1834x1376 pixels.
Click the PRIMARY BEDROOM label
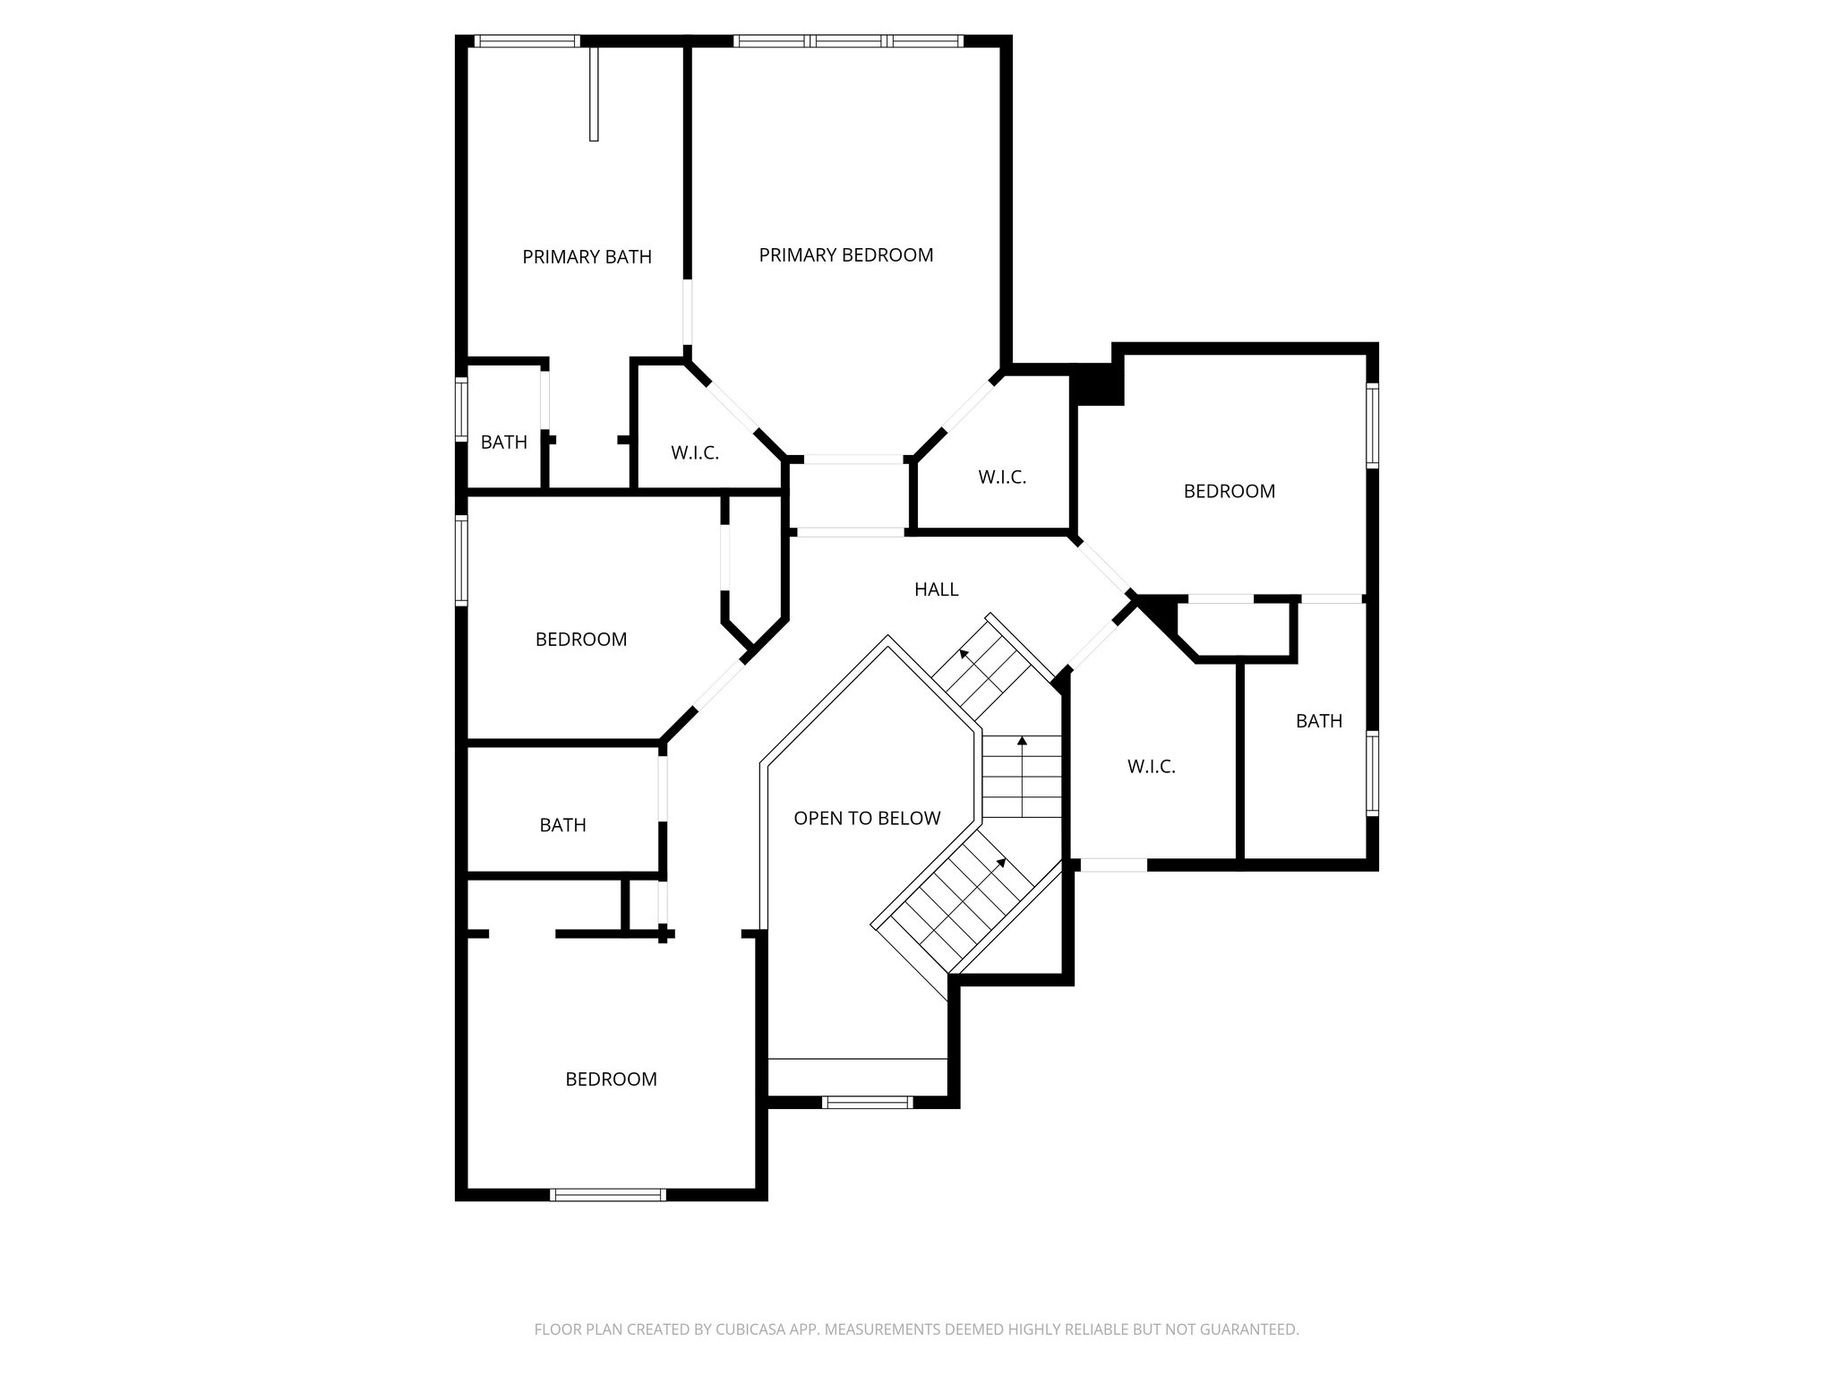(845, 255)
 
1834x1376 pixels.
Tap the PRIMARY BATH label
(587, 257)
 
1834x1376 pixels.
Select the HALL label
(936, 589)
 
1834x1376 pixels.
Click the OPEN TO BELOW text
(867, 818)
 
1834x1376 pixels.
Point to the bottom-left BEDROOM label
(611, 1079)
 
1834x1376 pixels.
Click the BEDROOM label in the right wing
(1229, 491)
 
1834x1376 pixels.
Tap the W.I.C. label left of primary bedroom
(695, 453)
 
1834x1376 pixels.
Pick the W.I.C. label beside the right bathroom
(1151, 767)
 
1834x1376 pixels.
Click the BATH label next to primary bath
(503, 443)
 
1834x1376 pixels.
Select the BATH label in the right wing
(1318, 721)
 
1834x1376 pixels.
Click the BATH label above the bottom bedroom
(562, 825)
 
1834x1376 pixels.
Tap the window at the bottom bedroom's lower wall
(608, 1194)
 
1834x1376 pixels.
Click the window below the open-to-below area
(867, 1102)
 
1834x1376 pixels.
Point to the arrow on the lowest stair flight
(1000, 862)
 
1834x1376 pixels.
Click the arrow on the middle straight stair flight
(1022, 741)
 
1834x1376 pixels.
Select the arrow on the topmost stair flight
(964, 654)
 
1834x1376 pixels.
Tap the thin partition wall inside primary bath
(593, 94)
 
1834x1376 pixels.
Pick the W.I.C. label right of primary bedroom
(1002, 477)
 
